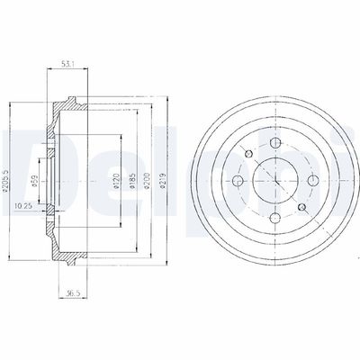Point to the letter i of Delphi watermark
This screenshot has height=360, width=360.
tap(347, 148)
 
